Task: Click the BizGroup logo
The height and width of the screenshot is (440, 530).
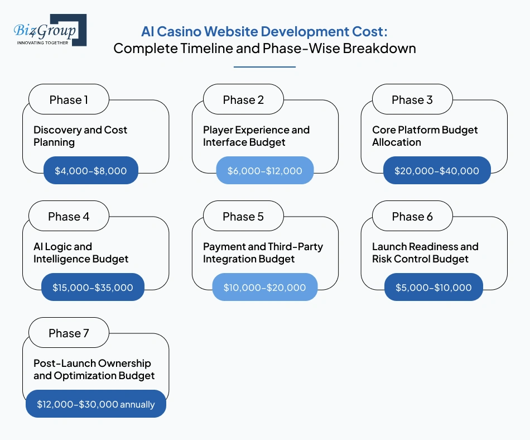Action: [x=49, y=30]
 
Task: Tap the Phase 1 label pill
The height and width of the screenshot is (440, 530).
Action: [x=69, y=100]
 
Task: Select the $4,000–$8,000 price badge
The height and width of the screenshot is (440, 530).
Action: [x=91, y=171]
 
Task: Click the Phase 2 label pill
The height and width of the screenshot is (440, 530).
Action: [x=243, y=100]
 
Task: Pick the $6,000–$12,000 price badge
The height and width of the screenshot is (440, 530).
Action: [x=265, y=171]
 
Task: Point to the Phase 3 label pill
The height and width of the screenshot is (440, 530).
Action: [x=412, y=100]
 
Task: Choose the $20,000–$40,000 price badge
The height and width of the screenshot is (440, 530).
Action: [x=437, y=171]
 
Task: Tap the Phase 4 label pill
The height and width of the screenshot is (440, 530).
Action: [x=69, y=217]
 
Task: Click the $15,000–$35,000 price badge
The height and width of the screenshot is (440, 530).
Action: [x=93, y=288]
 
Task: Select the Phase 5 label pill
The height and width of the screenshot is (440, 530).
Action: [x=243, y=217]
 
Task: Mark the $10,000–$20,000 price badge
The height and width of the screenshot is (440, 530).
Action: [x=264, y=288]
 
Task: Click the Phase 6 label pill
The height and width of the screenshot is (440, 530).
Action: [x=412, y=217]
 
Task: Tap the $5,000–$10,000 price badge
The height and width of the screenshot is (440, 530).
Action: [x=433, y=288]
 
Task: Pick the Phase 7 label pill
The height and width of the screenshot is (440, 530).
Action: [x=69, y=333]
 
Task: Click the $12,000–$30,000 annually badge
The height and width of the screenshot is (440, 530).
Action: [x=96, y=404]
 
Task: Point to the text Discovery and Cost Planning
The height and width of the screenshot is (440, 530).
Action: [x=80, y=136]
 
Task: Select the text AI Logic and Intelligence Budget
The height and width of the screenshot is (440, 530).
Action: [x=81, y=252]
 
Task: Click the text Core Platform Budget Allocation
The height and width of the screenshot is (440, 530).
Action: [x=425, y=136]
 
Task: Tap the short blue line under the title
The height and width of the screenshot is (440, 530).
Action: [x=264, y=67]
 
